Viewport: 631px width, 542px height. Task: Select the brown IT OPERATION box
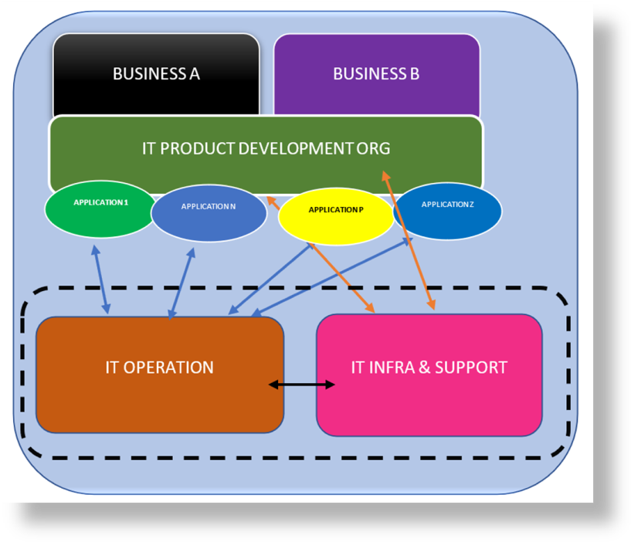point(159,374)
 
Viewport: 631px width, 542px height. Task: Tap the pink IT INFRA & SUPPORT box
point(429,374)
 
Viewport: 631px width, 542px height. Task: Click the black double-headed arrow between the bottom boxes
point(301,384)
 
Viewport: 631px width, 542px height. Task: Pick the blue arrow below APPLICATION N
point(181,283)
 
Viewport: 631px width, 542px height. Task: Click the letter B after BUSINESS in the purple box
point(414,74)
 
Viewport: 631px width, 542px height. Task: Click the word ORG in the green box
point(374,149)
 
